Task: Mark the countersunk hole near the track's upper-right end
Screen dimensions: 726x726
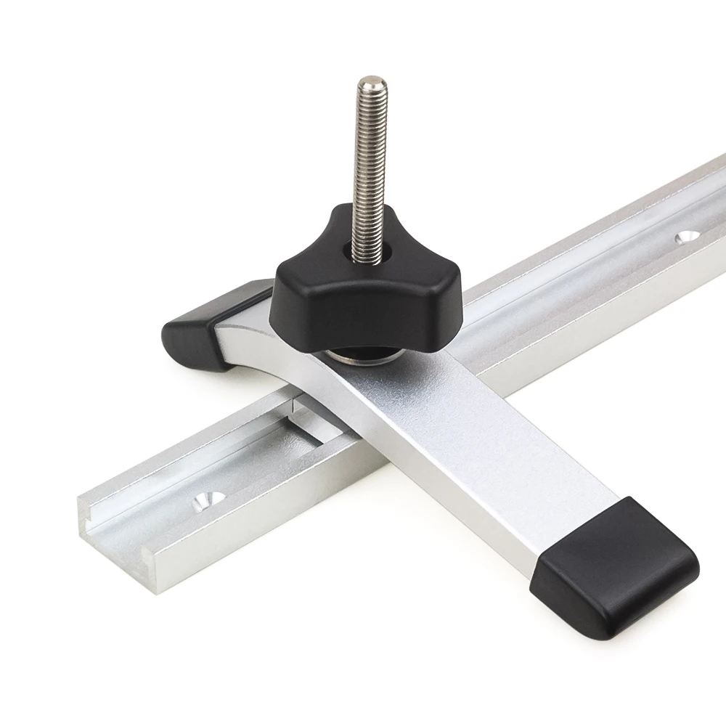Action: [x=685, y=237]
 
